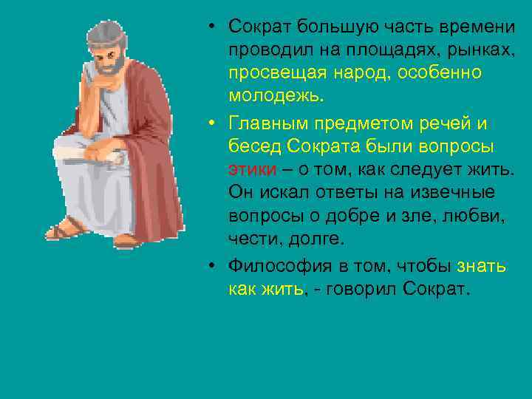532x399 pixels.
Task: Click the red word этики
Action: coord(252,168)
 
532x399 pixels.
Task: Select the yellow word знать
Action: coord(483,264)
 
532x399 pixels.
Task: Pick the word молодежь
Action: coord(275,98)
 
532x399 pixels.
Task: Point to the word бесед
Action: coord(251,145)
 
